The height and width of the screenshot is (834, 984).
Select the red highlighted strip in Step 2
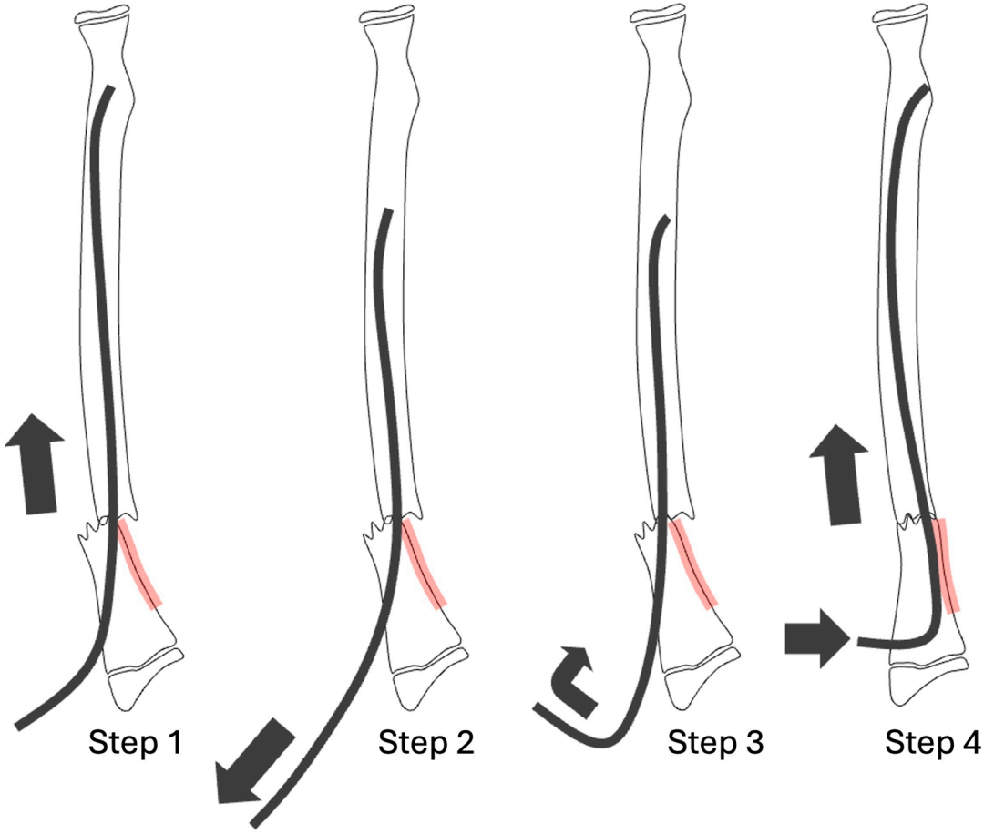[424, 564]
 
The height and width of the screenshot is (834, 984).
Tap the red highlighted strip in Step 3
[694, 564]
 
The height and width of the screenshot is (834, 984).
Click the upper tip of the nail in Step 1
[109, 89]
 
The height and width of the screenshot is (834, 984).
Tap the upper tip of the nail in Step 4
[925, 89]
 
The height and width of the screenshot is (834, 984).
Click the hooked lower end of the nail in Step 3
[539, 708]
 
